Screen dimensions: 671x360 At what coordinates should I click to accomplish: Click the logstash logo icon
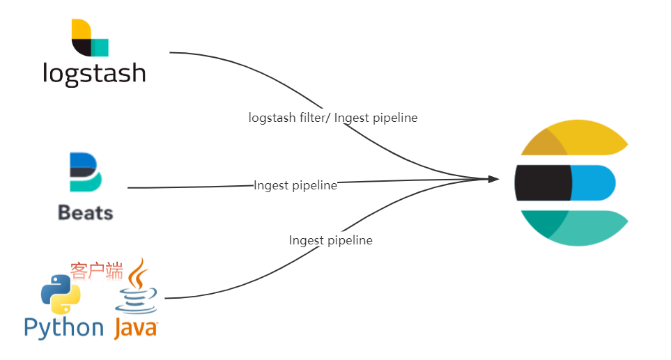pos(90,38)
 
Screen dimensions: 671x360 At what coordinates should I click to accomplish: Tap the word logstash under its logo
pos(94,74)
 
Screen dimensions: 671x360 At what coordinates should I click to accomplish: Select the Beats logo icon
pos(86,172)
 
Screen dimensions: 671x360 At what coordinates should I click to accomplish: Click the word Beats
pos(86,212)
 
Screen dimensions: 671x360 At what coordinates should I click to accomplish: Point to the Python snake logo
pos(61,294)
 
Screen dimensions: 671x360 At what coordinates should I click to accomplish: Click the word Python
pos(64,329)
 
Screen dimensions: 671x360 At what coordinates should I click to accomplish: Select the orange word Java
pos(136,329)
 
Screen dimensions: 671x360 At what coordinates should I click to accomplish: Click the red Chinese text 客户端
pos(97,271)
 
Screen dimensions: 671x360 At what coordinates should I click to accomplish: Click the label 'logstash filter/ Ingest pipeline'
pos(333,118)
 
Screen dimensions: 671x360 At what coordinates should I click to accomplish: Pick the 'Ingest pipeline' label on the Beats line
pos(295,185)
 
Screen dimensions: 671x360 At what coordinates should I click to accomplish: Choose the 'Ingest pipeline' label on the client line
pos(331,240)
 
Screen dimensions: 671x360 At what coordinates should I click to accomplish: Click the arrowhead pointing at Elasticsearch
pos(494,179)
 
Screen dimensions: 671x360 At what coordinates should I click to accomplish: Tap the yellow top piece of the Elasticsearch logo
pos(574,138)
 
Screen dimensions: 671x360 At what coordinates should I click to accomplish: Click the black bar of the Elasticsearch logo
pos(543,183)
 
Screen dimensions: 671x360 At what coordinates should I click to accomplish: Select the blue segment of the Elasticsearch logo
pos(593,183)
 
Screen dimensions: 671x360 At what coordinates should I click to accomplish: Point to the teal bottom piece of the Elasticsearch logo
pos(574,228)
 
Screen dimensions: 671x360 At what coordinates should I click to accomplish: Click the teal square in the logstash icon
pos(100,48)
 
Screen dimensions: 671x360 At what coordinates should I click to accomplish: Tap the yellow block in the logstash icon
pos(82,29)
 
